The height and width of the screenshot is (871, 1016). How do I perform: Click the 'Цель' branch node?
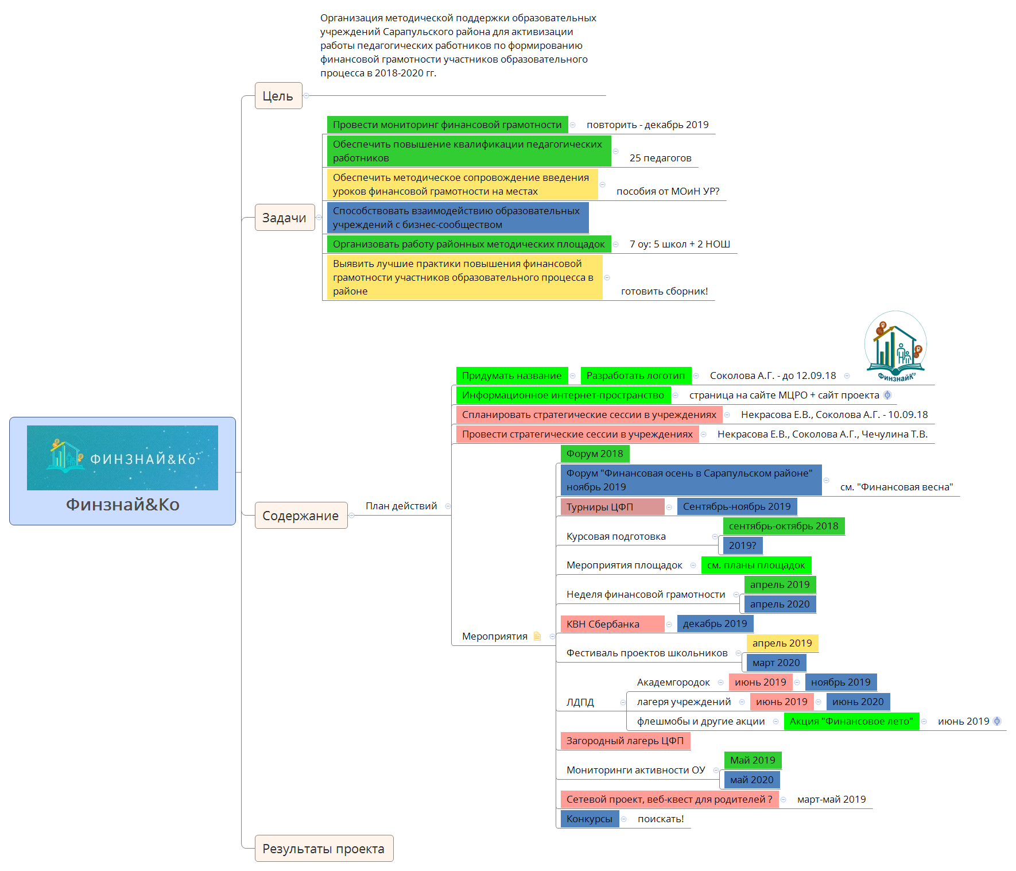click(278, 96)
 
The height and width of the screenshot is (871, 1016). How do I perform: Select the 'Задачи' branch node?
click(285, 218)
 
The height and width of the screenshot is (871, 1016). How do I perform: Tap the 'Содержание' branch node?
click(301, 516)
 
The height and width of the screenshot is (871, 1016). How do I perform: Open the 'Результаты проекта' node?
click(324, 849)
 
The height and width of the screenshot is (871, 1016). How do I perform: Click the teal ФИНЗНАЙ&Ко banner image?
click(122, 458)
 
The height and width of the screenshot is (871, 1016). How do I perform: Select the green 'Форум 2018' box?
click(595, 454)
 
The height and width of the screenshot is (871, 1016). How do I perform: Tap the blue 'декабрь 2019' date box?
click(715, 624)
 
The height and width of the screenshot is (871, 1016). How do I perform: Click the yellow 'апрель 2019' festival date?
click(782, 643)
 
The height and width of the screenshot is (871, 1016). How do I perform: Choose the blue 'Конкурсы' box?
click(590, 819)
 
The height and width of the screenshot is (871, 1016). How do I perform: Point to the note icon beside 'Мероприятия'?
click(537, 636)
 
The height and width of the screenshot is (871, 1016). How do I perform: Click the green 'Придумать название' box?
click(511, 376)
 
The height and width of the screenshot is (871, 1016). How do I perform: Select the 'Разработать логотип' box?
click(635, 376)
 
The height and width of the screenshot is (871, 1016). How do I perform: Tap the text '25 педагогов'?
click(660, 158)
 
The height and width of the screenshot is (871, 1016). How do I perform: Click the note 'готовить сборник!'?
click(664, 291)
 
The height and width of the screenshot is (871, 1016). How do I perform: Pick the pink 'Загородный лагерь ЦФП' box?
click(625, 741)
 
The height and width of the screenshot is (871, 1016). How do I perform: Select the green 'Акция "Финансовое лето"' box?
click(851, 721)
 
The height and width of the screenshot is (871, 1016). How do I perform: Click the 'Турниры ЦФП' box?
click(612, 507)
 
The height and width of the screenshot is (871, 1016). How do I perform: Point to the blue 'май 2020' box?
click(751, 780)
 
